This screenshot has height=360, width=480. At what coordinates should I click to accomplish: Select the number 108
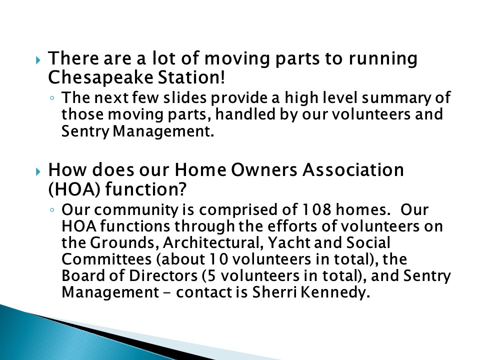(x=316, y=209)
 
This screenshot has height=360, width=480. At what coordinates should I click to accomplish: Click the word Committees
(x=106, y=259)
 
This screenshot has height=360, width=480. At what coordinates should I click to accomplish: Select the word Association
(x=353, y=170)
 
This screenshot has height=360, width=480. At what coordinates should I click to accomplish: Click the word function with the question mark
(x=145, y=189)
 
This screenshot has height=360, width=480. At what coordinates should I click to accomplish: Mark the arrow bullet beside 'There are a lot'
(x=38, y=59)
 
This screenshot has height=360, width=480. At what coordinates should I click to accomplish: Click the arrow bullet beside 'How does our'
(x=38, y=171)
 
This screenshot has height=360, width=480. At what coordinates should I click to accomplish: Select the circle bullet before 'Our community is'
(x=52, y=210)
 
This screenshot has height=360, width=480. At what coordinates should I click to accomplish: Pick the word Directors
(x=163, y=275)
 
